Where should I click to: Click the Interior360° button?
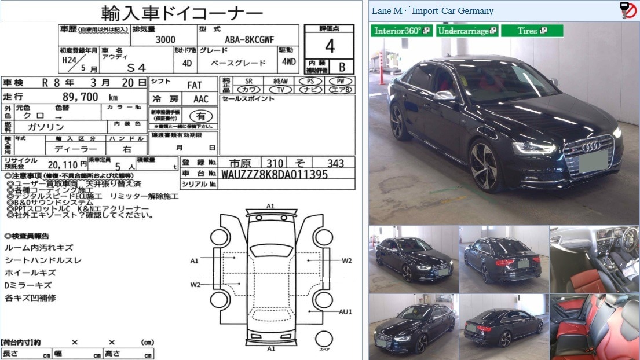click(x=402, y=31)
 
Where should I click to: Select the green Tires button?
click(x=532, y=31)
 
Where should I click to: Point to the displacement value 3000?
click(x=166, y=41)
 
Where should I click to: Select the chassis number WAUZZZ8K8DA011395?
click(x=275, y=174)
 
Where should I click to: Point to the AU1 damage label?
click(x=346, y=311)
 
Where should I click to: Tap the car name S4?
click(x=133, y=68)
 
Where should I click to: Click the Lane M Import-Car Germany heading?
click(x=432, y=11)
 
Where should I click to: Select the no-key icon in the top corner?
click(x=628, y=10)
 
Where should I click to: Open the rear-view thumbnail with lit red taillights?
click(x=503, y=259)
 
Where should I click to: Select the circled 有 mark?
click(x=200, y=116)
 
